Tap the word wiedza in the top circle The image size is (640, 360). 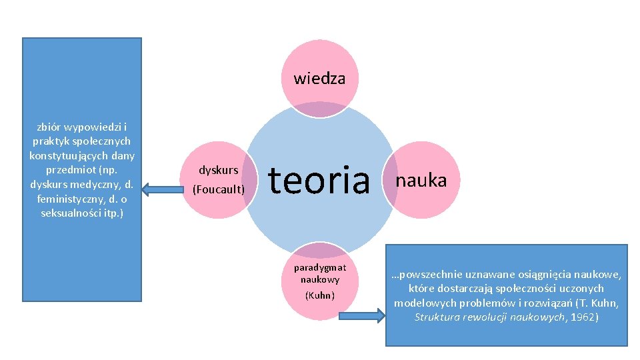[x=320, y=79]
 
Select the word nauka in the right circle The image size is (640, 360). [x=421, y=180]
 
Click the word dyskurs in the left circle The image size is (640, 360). [x=219, y=170]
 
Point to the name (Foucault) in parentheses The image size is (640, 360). [x=219, y=189]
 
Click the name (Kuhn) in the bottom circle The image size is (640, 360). [x=320, y=295]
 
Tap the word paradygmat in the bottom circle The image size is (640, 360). [x=320, y=268]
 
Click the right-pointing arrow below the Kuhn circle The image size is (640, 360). [x=361, y=315]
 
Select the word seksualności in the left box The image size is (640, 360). [x=63, y=213]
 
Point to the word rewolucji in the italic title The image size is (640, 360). [x=485, y=317]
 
